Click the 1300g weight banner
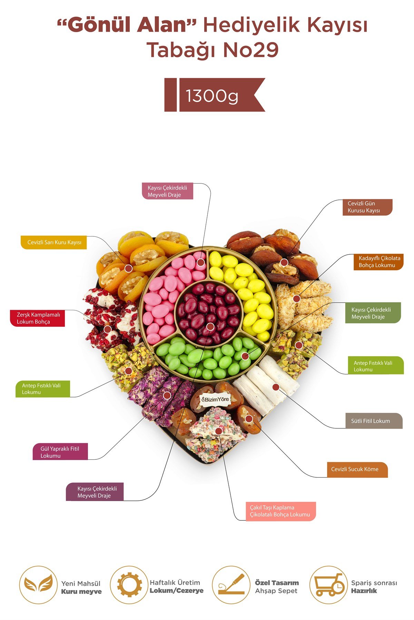(215, 95)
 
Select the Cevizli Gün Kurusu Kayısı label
(367, 207)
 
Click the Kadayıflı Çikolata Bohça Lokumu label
(378, 262)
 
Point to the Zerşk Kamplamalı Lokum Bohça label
(38, 318)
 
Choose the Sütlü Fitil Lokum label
(374, 421)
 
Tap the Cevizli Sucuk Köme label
(357, 469)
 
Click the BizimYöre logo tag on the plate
(215, 399)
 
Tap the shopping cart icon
(328, 585)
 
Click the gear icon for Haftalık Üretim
(129, 585)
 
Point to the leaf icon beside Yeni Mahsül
(38, 585)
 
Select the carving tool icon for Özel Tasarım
(231, 585)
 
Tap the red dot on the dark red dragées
(210, 327)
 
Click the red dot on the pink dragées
(200, 263)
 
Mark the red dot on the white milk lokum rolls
(276, 387)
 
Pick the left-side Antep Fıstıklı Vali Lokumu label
(43, 389)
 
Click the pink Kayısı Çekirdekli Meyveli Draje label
(167, 191)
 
